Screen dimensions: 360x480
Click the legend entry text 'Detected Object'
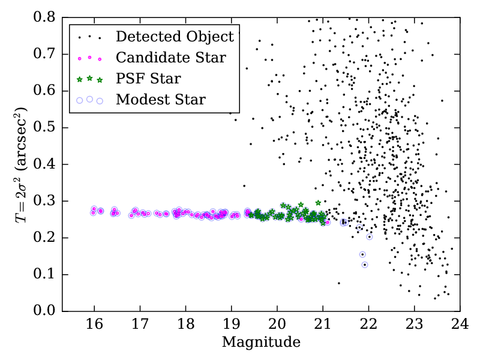point(175,37)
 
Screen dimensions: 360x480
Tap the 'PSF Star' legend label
point(148,78)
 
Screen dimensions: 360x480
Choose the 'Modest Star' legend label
point(161,99)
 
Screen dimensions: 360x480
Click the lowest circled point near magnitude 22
point(365,265)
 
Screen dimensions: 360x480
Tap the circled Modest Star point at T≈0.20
point(370,236)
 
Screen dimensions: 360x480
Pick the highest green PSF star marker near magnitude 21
point(318,203)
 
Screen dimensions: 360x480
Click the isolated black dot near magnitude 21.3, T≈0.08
point(338,283)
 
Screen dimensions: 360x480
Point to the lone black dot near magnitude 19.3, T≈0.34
point(244,186)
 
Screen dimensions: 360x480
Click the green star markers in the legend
point(89,79)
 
